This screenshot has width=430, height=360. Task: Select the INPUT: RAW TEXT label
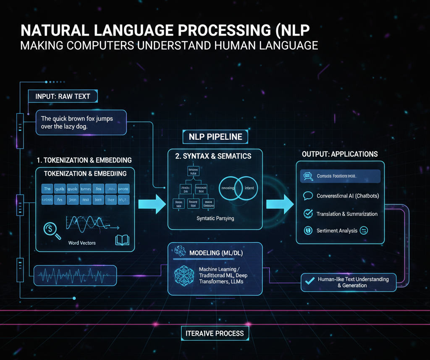click(x=63, y=96)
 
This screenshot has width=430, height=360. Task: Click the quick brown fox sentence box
click(x=81, y=122)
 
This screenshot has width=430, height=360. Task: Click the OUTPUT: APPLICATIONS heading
click(x=340, y=154)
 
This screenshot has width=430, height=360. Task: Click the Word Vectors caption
click(x=81, y=243)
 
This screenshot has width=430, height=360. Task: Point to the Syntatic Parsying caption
click(x=215, y=219)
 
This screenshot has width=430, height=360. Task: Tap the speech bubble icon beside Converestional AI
click(x=308, y=196)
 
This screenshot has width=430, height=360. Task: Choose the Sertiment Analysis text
click(x=337, y=230)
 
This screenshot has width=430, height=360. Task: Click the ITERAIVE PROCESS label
click(x=215, y=333)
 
